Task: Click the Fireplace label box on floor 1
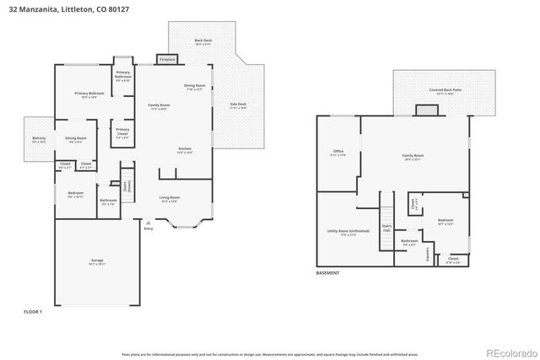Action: (x=167, y=59)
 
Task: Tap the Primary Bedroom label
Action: (x=84, y=94)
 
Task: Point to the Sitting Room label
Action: (x=73, y=140)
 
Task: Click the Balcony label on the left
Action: (x=40, y=140)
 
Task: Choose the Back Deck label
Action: (x=202, y=42)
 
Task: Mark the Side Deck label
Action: (x=238, y=105)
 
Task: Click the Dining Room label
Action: (x=195, y=87)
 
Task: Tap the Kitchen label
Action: (x=184, y=150)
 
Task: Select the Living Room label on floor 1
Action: (x=170, y=199)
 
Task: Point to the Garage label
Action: (x=97, y=262)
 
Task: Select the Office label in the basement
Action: (x=338, y=153)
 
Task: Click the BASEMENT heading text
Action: (x=327, y=273)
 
